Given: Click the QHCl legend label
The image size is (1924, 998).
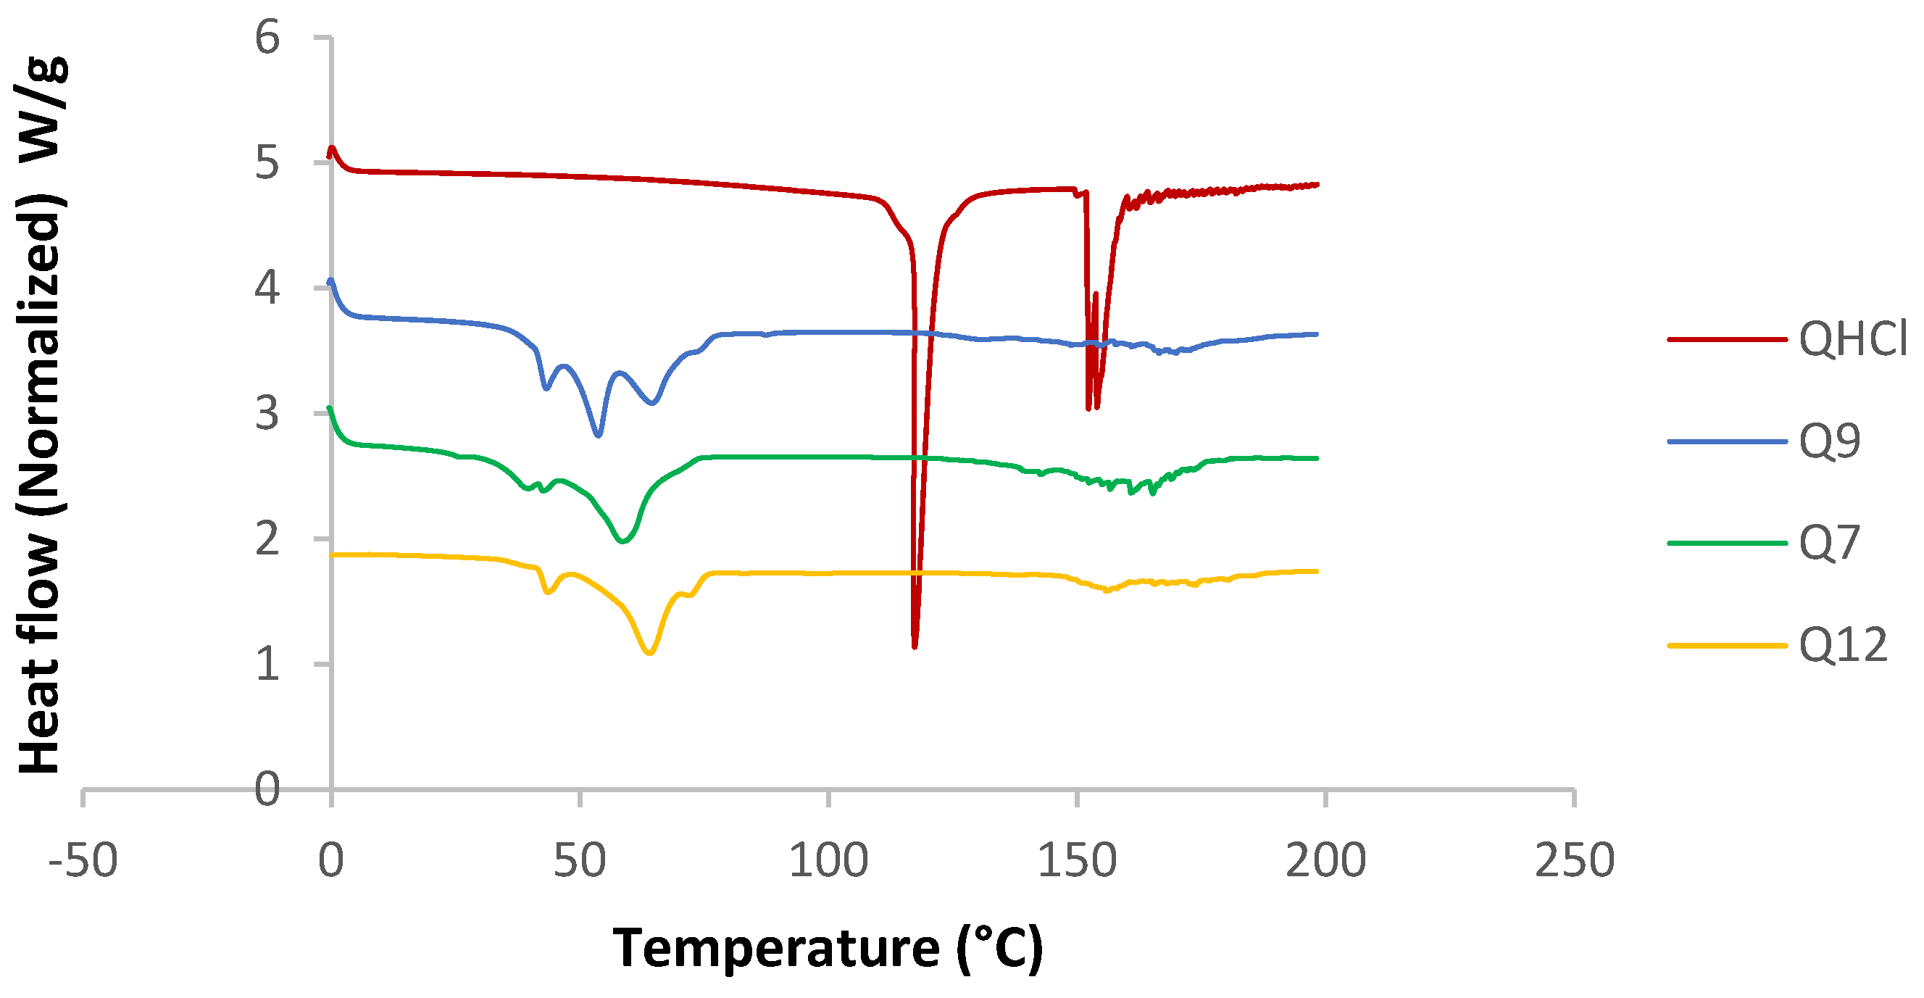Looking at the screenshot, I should point(1852,339).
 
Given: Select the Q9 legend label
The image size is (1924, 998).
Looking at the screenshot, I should point(1829,441).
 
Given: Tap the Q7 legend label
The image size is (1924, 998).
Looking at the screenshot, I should point(1829,543).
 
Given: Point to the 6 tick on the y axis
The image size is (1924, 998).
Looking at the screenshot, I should point(267,38).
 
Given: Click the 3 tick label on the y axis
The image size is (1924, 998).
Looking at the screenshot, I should point(267,413).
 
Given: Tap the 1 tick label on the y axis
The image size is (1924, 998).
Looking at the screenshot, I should point(267,664).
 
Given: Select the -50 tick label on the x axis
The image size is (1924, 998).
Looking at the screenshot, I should point(83,860).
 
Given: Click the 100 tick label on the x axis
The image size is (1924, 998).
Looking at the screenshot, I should point(828,860).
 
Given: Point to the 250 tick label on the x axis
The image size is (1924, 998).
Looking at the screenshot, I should point(1574,860).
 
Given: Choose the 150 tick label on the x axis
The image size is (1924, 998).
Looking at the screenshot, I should point(1077,860).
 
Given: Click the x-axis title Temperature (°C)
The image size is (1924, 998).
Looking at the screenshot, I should point(828,949).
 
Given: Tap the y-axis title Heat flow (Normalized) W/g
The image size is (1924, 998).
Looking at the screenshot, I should point(41,415).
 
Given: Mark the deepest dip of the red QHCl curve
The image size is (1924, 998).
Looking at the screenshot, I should point(915,646).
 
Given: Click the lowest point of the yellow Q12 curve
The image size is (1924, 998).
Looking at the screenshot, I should point(650,653).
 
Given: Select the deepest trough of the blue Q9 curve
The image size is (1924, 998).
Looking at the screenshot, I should point(599,435).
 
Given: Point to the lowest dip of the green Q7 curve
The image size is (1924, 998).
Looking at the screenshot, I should point(623,541).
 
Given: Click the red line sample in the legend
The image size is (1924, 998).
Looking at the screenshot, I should point(1727,340).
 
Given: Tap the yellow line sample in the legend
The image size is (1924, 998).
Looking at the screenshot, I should point(1727,646).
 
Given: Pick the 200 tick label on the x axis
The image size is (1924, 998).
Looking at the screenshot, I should point(1325,860).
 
